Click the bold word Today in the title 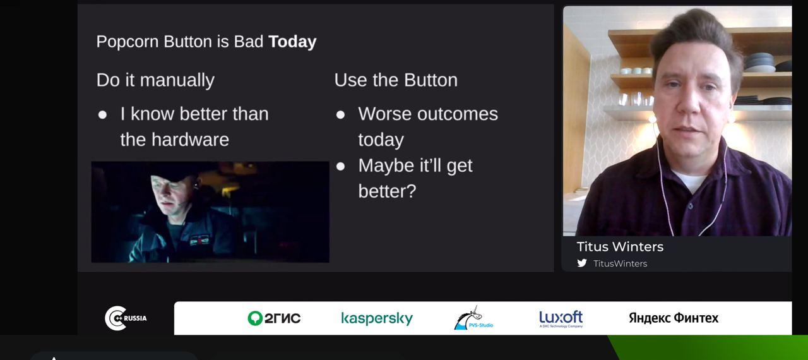(x=292, y=42)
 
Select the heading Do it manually (x=155, y=80)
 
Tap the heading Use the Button (x=396, y=80)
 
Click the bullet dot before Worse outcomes (x=340, y=115)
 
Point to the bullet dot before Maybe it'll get (x=340, y=166)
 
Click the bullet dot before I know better (x=102, y=115)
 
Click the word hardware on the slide (x=190, y=140)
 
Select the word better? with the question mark (x=387, y=191)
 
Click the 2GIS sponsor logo (x=274, y=318)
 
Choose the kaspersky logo (x=377, y=318)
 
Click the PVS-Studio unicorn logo (x=473, y=318)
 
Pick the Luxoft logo (x=561, y=318)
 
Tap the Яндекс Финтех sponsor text (x=674, y=318)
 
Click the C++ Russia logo (x=125, y=318)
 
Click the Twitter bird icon (x=582, y=263)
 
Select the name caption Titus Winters (x=620, y=247)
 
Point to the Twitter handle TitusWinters (x=620, y=264)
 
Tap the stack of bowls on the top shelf (x=759, y=63)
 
